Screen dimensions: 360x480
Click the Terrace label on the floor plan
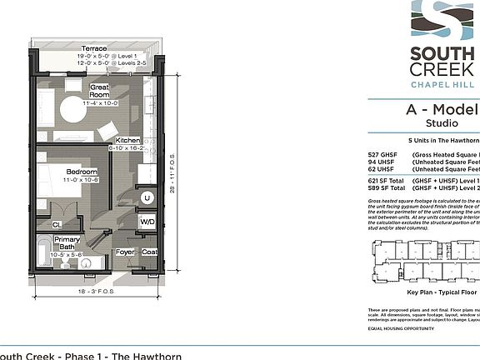pyautogui.click(x=92, y=49)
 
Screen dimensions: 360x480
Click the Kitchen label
pyautogui.click(x=127, y=140)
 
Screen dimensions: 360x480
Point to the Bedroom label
pyautogui.click(x=82, y=172)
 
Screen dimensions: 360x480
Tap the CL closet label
pyautogui.click(x=56, y=224)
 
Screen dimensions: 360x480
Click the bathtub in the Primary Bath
pyautogui.click(x=42, y=251)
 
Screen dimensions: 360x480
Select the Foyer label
pyautogui.click(x=125, y=251)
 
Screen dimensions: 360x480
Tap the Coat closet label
pyautogui.click(x=149, y=251)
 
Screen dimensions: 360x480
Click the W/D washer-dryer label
pyautogui.click(x=147, y=222)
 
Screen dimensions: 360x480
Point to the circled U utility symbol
pyautogui.click(x=147, y=197)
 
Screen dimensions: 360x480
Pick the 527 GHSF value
pyautogui.click(x=381, y=156)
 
